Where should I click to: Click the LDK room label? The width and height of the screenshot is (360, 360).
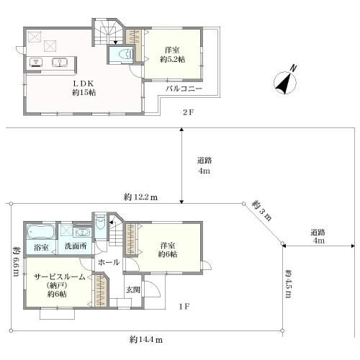click(x=84, y=84)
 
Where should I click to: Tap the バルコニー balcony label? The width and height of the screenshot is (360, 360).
click(x=184, y=89)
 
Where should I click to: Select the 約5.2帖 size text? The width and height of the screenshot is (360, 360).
click(x=173, y=60)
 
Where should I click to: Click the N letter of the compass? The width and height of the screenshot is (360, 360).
click(x=293, y=68)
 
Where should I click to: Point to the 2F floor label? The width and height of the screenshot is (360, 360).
click(x=188, y=112)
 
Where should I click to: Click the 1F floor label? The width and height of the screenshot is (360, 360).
click(x=184, y=307)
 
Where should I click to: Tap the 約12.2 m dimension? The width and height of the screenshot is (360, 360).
click(x=140, y=197)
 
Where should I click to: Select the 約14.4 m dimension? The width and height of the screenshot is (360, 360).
click(x=146, y=340)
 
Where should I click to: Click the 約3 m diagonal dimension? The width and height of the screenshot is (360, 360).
click(x=262, y=211)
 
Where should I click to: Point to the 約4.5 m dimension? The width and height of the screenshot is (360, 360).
click(x=288, y=284)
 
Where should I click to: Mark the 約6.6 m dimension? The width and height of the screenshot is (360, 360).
click(x=16, y=261)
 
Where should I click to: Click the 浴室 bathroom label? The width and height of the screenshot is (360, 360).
click(x=41, y=248)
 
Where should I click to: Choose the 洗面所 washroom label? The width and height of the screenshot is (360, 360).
click(x=76, y=246)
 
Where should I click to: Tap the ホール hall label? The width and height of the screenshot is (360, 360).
click(x=109, y=262)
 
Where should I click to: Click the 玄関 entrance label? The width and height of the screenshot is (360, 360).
click(x=133, y=290)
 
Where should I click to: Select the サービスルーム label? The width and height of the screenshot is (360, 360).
click(x=60, y=277)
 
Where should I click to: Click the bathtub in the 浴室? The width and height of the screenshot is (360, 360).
click(x=41, y=231)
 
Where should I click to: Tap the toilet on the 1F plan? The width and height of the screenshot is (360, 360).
click(x=100, y=224)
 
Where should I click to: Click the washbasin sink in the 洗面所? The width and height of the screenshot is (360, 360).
click(x=82, y=233)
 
